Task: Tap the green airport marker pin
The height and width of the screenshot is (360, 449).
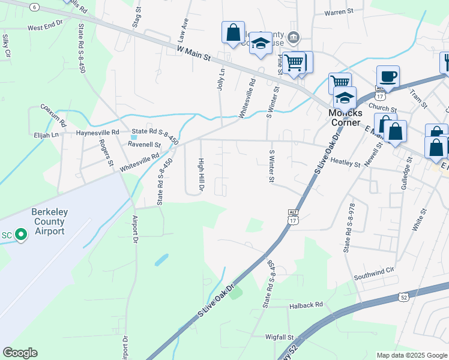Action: pos(21,234)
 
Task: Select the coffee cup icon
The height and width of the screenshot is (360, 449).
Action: pos(388,77)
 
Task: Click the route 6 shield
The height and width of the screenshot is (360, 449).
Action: pos(35,7)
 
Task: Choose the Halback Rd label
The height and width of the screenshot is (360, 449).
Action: pos(306,305)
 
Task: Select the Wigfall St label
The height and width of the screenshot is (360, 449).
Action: pos(280,337)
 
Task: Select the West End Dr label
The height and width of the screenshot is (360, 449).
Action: pos(45,26)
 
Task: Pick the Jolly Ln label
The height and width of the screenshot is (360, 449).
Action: pos(221,79)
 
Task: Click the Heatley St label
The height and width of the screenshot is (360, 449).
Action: pos(345,163)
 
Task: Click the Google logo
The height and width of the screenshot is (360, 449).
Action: pos(20,353)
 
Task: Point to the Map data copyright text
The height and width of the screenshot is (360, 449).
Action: pos(411,355)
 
